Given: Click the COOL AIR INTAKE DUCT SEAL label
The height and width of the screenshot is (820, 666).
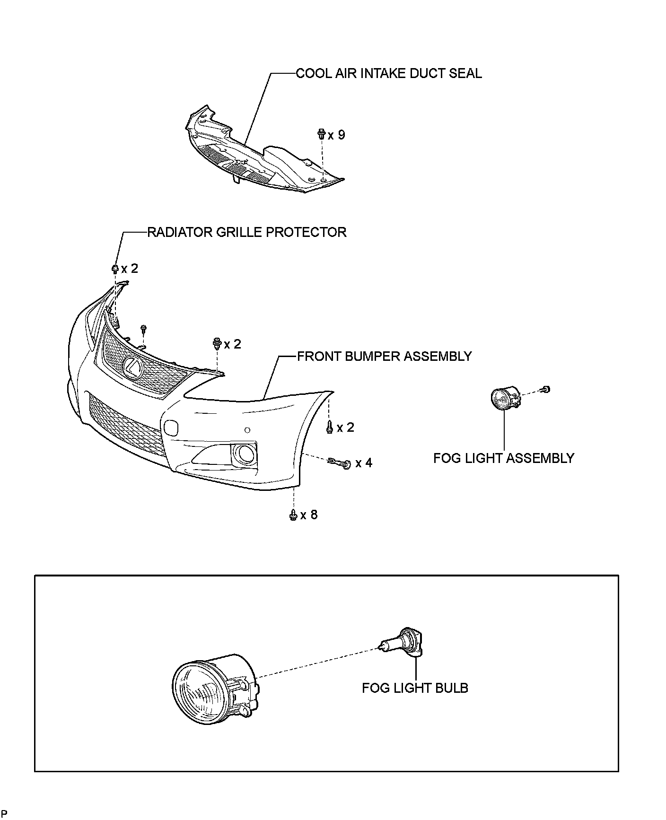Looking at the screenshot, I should (x=388, y=74).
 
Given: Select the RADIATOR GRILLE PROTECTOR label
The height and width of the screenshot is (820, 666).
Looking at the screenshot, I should (x=247, y=232).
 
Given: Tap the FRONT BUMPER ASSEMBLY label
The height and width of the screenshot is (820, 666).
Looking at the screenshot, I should (x=384, y=356).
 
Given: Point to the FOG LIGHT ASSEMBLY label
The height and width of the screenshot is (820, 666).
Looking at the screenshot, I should (x=503, y=458).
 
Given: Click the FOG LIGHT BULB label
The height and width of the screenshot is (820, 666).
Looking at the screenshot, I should (x=415, y=688).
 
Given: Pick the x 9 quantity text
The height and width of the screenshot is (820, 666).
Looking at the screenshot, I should (x=336, y=135).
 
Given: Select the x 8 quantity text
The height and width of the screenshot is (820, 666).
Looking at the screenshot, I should (x=309, y=515).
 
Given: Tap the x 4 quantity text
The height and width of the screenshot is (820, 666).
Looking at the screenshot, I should (x=364, y=463).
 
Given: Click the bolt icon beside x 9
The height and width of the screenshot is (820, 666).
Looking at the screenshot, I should (x=321, y=134).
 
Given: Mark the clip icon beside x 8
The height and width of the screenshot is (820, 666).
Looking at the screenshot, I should (x=293, y=515).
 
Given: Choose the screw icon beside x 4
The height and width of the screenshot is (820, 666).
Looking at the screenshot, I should (x=339, y=463).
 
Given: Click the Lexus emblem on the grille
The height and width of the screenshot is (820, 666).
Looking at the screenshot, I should (x=132, y=367).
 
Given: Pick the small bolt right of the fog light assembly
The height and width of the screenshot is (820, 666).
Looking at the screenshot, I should (x=546, y=389).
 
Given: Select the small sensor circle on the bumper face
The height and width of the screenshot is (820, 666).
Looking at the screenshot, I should (x=247, y=430).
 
